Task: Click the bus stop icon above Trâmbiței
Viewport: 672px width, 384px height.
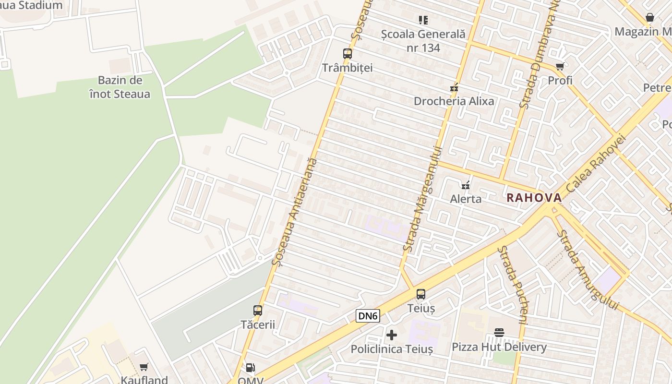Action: (x=348, y=54)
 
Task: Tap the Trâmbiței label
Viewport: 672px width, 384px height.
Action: (x=347, y=68)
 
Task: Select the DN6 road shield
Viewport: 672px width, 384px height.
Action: (x=368, y=316)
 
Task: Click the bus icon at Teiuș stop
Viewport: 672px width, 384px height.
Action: (x=421, y=294)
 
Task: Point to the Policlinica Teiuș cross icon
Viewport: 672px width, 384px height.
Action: (x=392, y=335)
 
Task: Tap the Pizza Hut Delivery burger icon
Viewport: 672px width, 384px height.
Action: (x=499, y=333)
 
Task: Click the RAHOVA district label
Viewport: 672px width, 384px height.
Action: (x=534, y=198)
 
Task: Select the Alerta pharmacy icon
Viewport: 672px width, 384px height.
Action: (x=465, y=185)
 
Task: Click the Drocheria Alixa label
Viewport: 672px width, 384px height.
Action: (x=454, y=101)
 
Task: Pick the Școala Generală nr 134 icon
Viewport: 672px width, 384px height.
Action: (x=423, y=20)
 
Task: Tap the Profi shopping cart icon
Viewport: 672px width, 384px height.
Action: (x=560, y=66)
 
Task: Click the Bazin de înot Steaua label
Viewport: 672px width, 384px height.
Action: (x=120, y=87)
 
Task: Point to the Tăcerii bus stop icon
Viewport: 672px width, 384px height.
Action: (x=258, y=310)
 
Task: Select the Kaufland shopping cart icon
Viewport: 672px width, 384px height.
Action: (x=144, y=367)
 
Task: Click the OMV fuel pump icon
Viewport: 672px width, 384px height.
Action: (x=250, y=368)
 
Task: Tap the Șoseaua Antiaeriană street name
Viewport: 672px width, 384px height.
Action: (x=294, y=212)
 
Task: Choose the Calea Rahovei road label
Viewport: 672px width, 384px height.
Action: (x=596, y=163)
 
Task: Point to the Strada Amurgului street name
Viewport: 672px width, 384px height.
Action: (x=588, y=270)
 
